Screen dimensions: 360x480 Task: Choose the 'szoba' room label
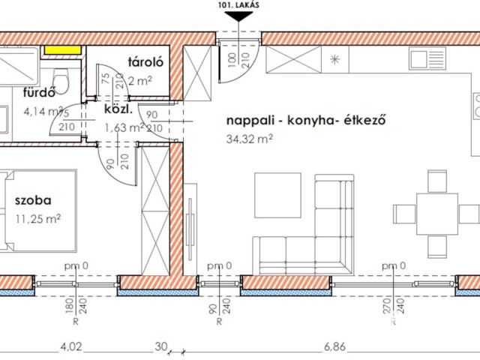31,200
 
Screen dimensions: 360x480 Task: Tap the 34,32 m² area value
247,138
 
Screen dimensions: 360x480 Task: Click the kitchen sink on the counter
428,57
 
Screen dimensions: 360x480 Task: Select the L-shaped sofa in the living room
315,225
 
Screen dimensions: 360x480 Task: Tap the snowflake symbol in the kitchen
336,58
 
